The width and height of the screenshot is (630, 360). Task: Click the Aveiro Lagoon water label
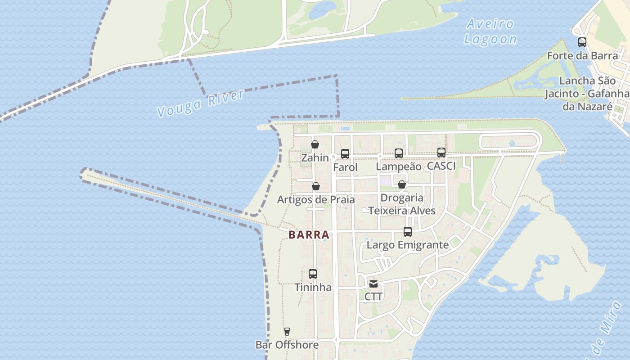[x=490, y=31]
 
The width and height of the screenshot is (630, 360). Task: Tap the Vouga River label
[x=201, y=103]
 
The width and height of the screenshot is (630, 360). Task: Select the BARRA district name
[x=309, y=235]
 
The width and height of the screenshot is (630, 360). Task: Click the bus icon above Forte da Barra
[x=582, y=42]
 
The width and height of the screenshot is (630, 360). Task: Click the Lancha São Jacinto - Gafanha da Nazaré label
[x=587, y=94]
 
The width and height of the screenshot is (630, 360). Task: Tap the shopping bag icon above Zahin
[x=315, y=144]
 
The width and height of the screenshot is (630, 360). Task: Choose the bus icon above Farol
[x=345, y=154]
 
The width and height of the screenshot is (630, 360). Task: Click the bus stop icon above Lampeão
[x=399, y=153]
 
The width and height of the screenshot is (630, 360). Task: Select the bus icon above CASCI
[x=441, y=153]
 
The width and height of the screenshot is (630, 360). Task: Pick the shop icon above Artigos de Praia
[x=316, y=186]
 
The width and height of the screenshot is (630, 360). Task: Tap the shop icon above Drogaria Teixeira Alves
[x=402, y=184]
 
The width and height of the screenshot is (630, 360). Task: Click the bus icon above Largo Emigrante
[x=408, y=232]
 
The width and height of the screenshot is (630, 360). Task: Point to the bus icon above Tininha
[x=313, y=274]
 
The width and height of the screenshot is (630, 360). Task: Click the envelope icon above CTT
[x=373, y=283]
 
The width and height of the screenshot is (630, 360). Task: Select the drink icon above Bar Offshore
[x=287, y=332]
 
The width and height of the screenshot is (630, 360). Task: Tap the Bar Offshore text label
[x=287, y=345]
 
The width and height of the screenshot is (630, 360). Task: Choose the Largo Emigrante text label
[x=408, y=245]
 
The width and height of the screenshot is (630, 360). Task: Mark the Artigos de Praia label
[x=316, y=199]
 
